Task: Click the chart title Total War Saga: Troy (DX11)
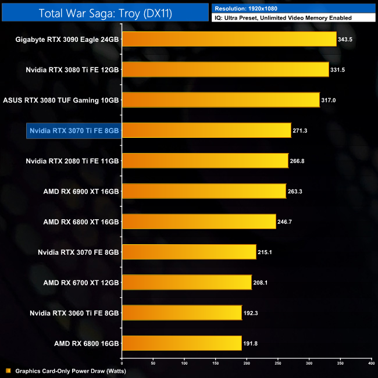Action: coord(105,13)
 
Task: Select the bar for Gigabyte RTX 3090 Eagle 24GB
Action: coord(229,40)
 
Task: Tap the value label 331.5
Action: coord(340,70)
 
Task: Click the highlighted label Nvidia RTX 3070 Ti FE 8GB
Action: coord(73,130)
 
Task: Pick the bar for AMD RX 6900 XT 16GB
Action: coord(204,191)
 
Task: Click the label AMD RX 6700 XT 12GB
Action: coord(81,283)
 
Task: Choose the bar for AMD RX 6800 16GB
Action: coord(181,343)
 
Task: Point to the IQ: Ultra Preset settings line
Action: coord(283,18)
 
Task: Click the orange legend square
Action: coord(8,370)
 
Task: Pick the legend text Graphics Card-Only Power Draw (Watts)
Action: coord(70,370)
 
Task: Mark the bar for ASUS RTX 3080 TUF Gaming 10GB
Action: coord(220,100)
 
